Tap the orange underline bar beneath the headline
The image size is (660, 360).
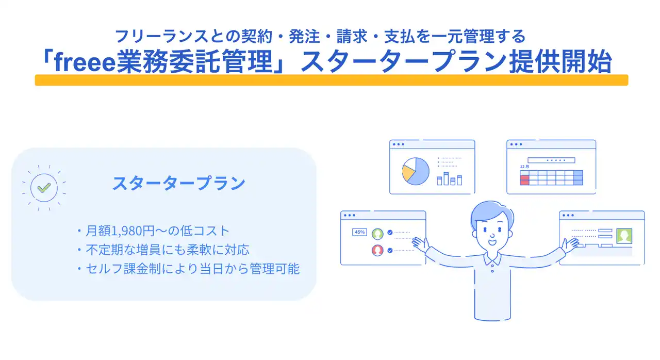tap(332, 80)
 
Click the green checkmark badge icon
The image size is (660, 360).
tap(44, 188)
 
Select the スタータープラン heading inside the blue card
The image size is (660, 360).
tap(178, 183)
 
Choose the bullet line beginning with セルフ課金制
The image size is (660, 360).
tap(189, 269)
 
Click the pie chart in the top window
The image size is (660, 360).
tap(416, 171)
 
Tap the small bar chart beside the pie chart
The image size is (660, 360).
tap(449, 179)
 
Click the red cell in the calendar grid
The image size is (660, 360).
tap(524, 179)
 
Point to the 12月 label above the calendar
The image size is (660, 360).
tap(524, 167)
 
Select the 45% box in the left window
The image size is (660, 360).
tap(359, 232)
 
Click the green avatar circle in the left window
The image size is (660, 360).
tap(377, 234)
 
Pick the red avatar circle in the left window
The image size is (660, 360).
tap(377, 251)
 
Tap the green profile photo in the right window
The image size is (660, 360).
tap(624, 236)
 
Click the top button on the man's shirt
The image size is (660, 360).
tap(492, 265)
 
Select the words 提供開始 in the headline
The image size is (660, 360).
tap(560, 61)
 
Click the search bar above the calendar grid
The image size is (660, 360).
tap(551, 160)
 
